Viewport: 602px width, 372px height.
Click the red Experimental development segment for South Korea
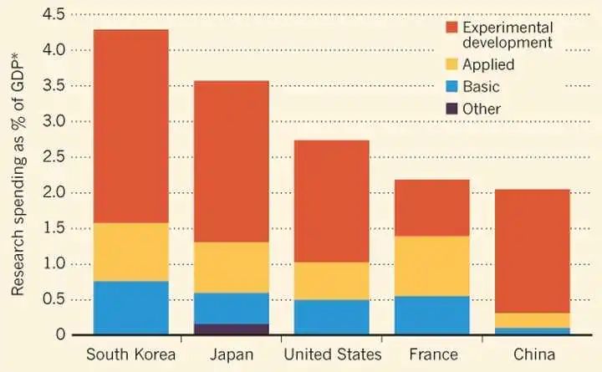(131, 125)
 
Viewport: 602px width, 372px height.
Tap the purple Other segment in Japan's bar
(232, 329)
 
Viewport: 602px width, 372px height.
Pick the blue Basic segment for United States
(332, 317)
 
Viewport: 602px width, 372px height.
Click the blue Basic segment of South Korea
(131, 308)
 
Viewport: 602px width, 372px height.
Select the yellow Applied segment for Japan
(232, 268)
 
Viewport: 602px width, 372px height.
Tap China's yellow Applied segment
(533, 320)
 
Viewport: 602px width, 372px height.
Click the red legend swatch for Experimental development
(452, 28)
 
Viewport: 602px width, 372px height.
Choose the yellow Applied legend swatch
(452, 64)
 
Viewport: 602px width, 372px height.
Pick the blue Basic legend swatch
(452, 86)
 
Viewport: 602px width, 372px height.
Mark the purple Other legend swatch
(452, 109)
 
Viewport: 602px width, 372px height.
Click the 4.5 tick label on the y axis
(53, 15)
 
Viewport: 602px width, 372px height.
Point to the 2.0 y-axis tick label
(53, 193)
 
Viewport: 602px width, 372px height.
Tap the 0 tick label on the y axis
(61, 335)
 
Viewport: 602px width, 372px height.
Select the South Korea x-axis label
(131, 355)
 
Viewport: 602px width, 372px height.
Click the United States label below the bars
(332, 355)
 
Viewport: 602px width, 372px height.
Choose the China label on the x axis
(533, 355)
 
